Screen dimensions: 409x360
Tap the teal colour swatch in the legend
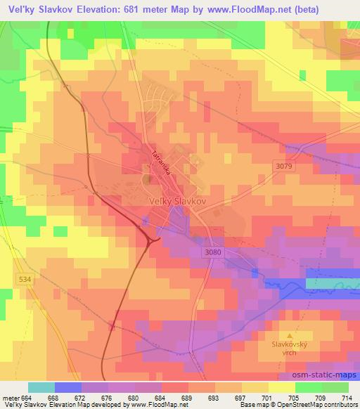[x=41, y=387]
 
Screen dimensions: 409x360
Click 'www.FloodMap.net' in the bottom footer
[x=155, y=405]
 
